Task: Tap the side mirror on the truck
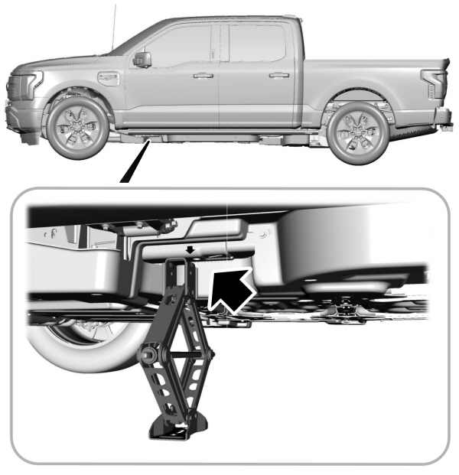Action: (142, 59)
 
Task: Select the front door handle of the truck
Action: (203, 76)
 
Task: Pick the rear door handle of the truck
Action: (279, 75)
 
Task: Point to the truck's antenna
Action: (115, 23)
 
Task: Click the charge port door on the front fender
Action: (107, 78)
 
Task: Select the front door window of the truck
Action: (182, 44)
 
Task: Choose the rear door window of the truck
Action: (256, 43)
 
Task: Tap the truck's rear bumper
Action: (441, 116)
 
